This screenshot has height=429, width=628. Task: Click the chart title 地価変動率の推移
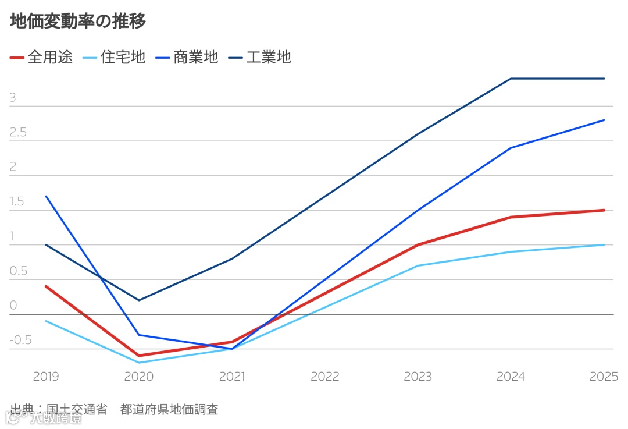[x=78, y=22]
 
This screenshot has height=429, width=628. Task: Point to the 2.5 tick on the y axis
[x=18, y=133]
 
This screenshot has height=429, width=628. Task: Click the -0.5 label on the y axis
[x=20, y=341]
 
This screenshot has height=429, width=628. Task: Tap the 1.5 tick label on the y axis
[x=17, y=202]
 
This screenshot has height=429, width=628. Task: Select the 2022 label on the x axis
[x=324, y=377]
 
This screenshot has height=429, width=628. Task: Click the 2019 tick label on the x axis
[x=46, y=377]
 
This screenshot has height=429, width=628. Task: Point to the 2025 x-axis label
[x=604, y=377]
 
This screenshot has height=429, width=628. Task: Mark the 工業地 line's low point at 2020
[x=139, y=300]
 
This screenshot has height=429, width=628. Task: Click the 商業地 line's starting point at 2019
[x=46, y=196]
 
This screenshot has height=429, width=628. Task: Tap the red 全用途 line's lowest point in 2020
[x=139, y=356]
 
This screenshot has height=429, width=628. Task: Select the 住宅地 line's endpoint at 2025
[x=604, y=245]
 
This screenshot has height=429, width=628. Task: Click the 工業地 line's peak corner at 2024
[x=511, y=79]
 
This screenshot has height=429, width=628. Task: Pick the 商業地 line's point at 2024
[x=511, y=148]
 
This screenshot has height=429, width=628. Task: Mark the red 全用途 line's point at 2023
[x=418, y=245]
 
